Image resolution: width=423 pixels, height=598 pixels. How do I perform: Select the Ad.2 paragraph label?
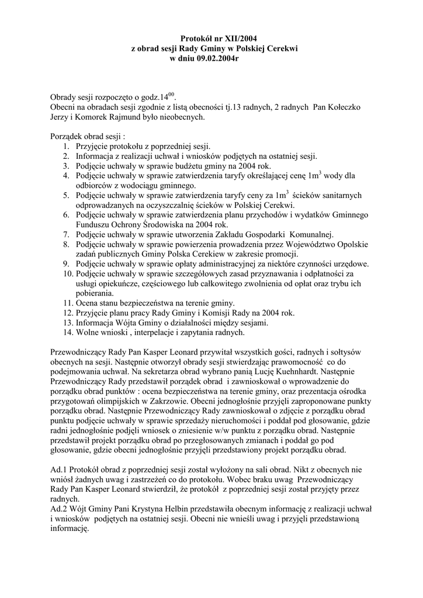59,510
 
